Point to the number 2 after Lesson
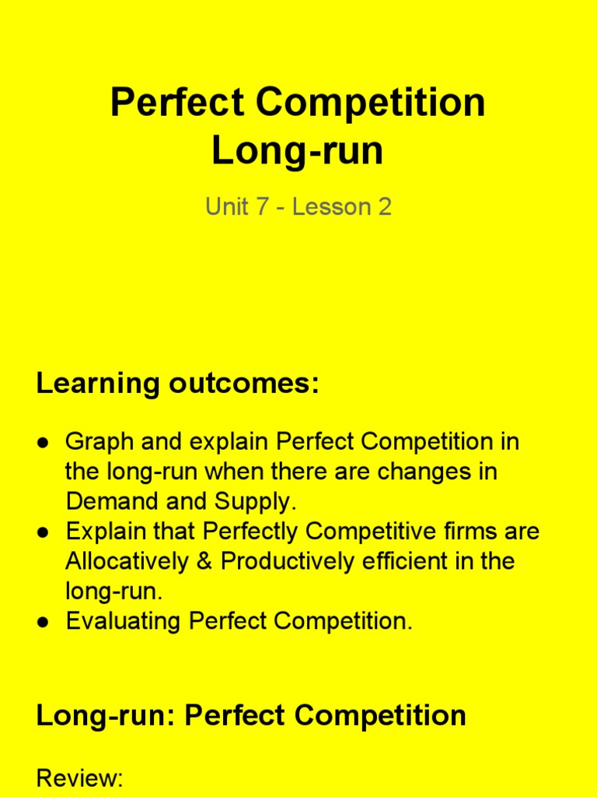pyautogui.click(x=384, y=207)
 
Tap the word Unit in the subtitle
pyautogui.click(x=225, y=207)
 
